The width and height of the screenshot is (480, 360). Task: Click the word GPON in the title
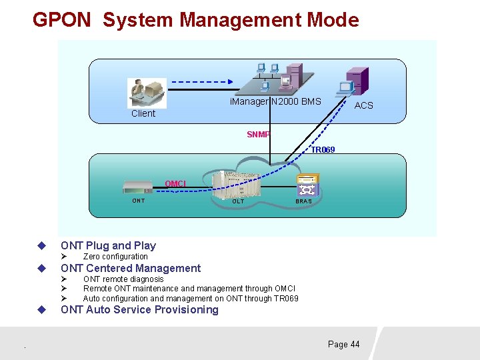(x=61, y=20)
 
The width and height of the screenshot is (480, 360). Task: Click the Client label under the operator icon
(x=143, y=114)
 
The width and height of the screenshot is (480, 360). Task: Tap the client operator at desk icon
(x=147, y=92)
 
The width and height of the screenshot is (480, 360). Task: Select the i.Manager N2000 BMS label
(x=275, y=102)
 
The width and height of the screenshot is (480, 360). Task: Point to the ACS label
(x=363, y=105)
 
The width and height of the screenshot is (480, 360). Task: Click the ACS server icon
(x=353, y=82)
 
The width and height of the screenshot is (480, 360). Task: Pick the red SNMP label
(x=258, y=135)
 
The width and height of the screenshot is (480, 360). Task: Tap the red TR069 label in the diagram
(x=323, y=151)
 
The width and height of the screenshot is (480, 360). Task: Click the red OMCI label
(x=175, y=183)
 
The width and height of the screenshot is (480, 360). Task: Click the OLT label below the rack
(x=238, y=201)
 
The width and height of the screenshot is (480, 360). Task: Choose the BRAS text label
(x=303, y=201)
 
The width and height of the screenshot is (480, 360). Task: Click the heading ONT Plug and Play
(x=108, y=246)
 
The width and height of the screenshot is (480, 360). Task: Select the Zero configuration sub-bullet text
(x=115, y=257)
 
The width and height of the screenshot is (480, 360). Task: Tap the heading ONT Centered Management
(x=131, y=269)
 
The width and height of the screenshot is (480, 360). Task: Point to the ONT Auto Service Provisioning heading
(x=139, y=310)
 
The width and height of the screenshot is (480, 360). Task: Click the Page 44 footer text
(x=343, y=345)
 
